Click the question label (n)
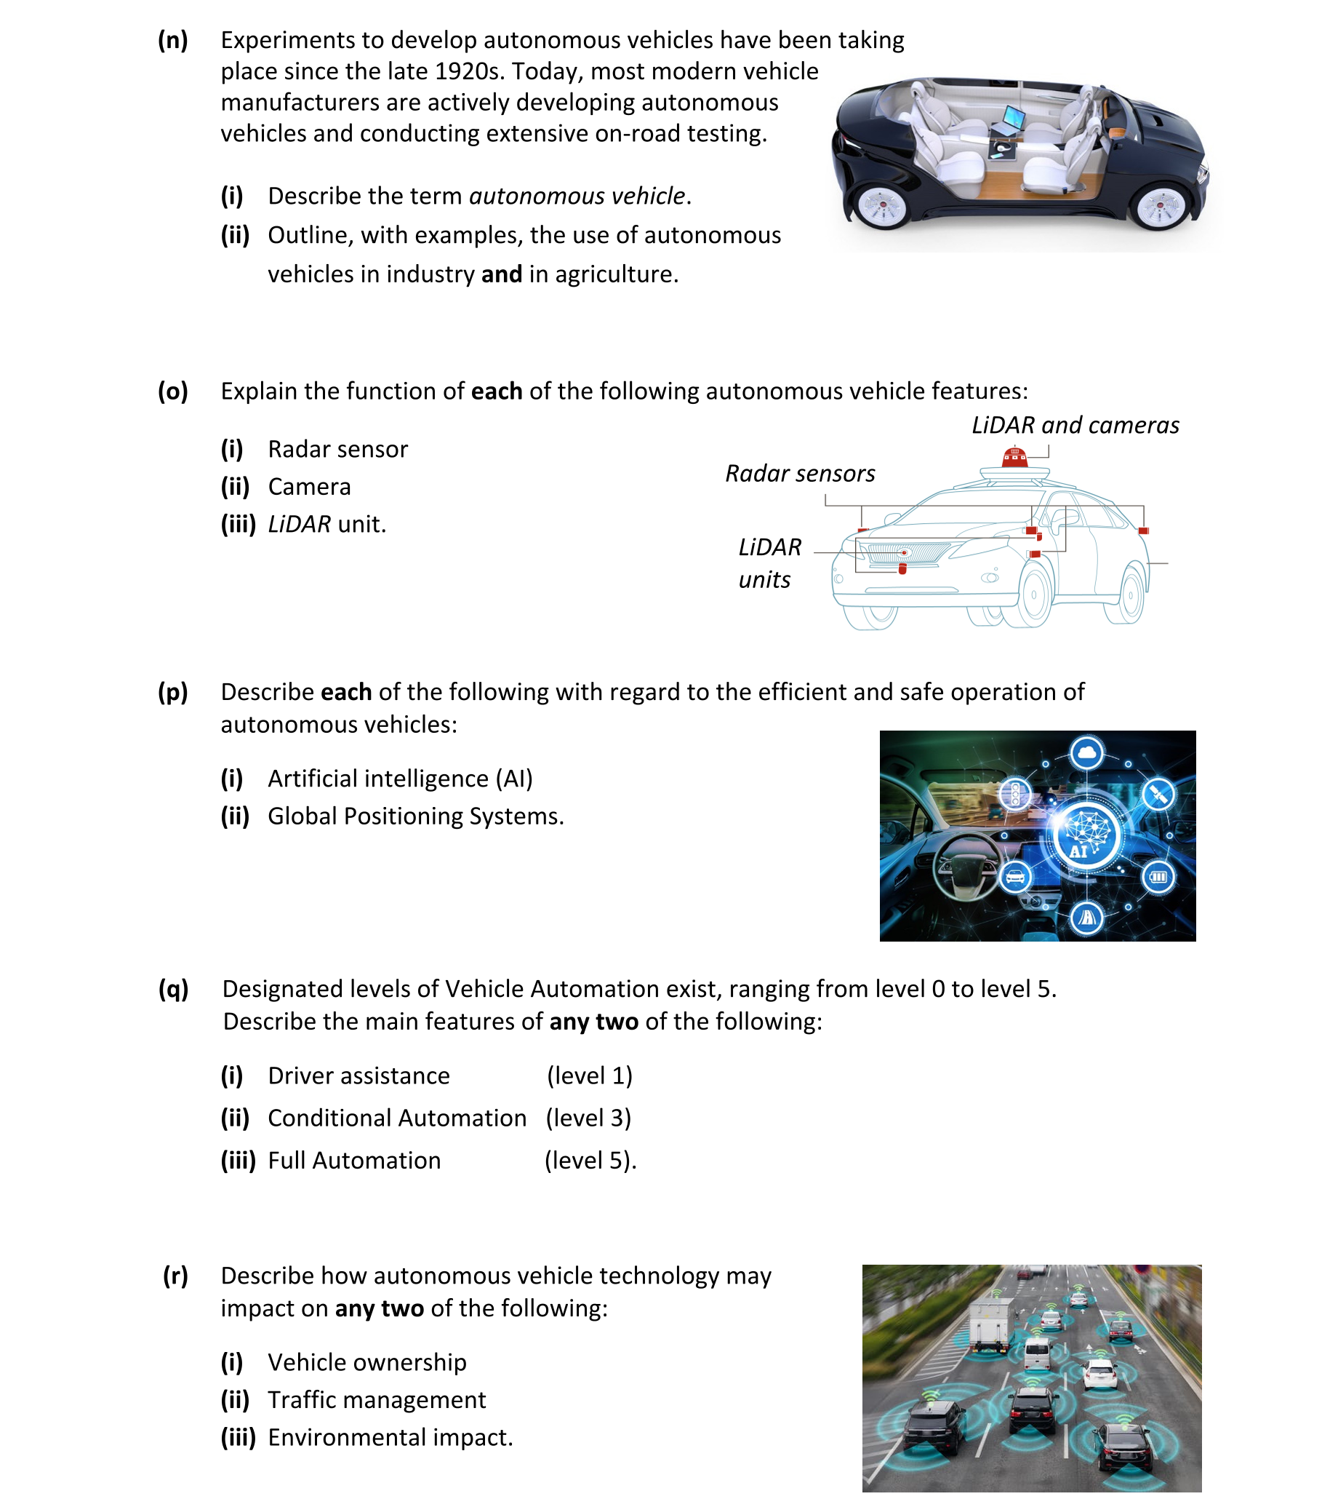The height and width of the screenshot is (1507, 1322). pyautogui.click(x=172, y=40)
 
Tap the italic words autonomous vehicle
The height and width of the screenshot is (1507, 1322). pyautogui.click(x=577, y=196)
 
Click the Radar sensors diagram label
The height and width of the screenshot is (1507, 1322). pyautogui.click(x=800, y=473)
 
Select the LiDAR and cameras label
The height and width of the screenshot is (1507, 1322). pyautogui.click(x=1075, y=426)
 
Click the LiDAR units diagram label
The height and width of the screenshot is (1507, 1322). pyautogui.click(x=769, y=563)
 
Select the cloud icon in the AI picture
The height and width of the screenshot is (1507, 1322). pyautogui.click(x=1086, y=752)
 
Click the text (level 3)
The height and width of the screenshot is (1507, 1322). pyautogui.click(x=588, y=1118)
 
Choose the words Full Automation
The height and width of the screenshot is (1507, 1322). pyautogui.click(x=353, y=1161)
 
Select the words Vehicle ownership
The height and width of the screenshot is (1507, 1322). pyautogui.click(x=367, y=1362)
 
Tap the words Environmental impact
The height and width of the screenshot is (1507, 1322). pyautogui.click(x=390, y=1438)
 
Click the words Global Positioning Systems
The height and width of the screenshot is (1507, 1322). pyautogui.click(x=415, y=816)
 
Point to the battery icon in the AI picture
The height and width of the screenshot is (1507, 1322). pyautogui.click(x=1158, y=877)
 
